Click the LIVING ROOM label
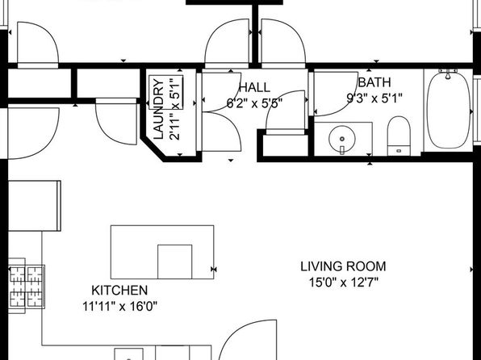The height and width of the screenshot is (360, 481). (x=343, y=266)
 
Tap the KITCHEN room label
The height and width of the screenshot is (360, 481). (x=119, y=291)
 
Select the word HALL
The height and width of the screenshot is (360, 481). (x=254, y=87)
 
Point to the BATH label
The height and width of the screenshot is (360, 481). (x=374, y=82)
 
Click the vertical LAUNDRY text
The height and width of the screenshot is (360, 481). (x=158, y=109)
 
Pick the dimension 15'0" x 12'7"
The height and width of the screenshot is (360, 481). (x=343, y=283)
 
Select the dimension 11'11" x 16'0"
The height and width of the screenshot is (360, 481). (x=119, y=306)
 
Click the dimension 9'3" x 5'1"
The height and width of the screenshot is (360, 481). (x=374, y=98)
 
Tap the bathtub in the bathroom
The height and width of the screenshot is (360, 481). (x=448, y=111)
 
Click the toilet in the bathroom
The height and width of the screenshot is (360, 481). (x=399, y=136)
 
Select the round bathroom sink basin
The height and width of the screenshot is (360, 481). (x=342, y=139)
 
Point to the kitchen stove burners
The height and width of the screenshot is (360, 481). (x=26, y=287)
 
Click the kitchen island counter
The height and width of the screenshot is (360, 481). (x=162, y=252)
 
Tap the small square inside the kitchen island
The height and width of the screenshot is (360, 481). (x=175, y=262)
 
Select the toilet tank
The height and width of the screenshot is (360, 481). (x=399, y=151)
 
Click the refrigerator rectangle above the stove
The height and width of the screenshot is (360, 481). (x=35, y=206)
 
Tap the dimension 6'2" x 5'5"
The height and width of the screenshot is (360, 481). (x=254, y=103)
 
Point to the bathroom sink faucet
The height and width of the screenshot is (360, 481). (x=342, y=150)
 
